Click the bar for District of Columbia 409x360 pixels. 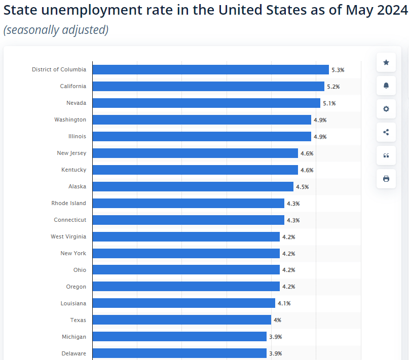coord(210,69)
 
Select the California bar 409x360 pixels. coord(208,86)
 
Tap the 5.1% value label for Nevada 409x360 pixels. coord(329,103)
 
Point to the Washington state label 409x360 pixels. coord(70,119)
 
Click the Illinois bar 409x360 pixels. coord(201,136)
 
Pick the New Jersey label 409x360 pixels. coord(71,153)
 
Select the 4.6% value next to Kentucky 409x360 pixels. coord(307,170)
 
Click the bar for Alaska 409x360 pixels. coord(193,186)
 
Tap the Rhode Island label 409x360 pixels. coord(68,203)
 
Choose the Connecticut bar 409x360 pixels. coord(188,220)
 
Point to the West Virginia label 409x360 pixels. coord(68,236)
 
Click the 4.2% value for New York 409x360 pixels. coord(288,254)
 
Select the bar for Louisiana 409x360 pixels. coord(183,303)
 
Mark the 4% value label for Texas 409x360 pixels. coord(277,320)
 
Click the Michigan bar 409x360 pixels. coord(179,337)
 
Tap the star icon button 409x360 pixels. coord(386,62)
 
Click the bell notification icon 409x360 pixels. coord(386,86)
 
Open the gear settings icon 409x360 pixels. coord(386,109)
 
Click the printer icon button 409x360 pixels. coord(386,179)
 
